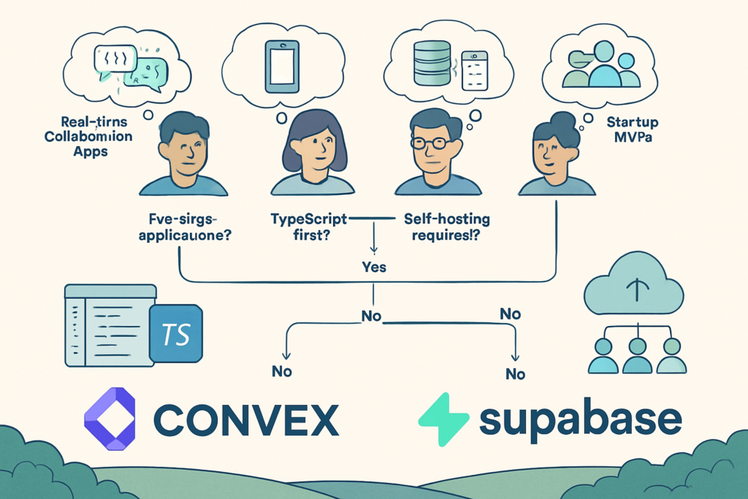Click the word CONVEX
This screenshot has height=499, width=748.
(246, 420)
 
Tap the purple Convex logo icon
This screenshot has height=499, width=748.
(110, 418)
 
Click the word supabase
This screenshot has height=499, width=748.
(581, 419)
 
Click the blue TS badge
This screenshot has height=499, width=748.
(175, 335)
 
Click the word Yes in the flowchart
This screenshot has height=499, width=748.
(374, 267)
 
